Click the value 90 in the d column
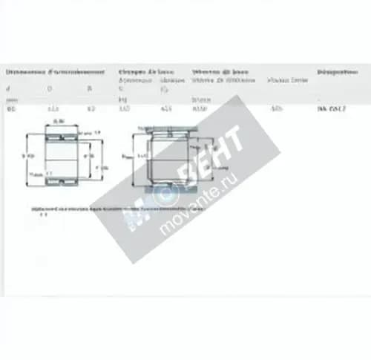pyautogui.click(x=11, y=110)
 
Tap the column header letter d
pyautogui.click(x=9, y=88)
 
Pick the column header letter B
pyautogui.click(x=90, y=88)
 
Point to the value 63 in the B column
pyautogui.click(x=91, y=110)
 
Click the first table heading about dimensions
pyautogui.click(x=55, y=72)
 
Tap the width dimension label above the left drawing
pyautogui.click(x=60, y=121)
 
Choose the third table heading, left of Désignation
pyautogui.click(x=220, y=72)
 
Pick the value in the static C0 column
pyautogui.click(x=165, y=110)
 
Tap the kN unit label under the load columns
pyautogui.click(x=122, y=98)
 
